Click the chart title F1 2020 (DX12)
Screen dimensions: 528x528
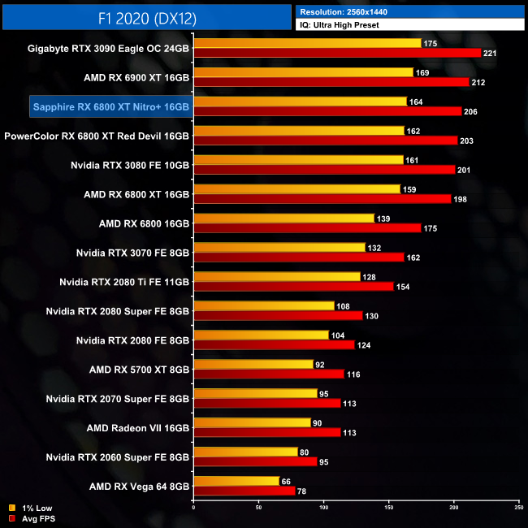pos(146,16)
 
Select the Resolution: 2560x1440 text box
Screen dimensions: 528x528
pos(409,11)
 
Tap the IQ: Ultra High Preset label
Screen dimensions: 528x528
pos(409,25)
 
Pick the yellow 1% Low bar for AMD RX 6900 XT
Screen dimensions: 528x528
pos(303,72)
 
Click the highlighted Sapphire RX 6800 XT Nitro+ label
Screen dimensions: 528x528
pos(110,106)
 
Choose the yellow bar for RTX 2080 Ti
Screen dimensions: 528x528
pos(276,277)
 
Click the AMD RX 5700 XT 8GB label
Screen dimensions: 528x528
pos(140,370)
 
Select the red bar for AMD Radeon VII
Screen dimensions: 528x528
pos(266,433)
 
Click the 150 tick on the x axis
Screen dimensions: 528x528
pos(389,508)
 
